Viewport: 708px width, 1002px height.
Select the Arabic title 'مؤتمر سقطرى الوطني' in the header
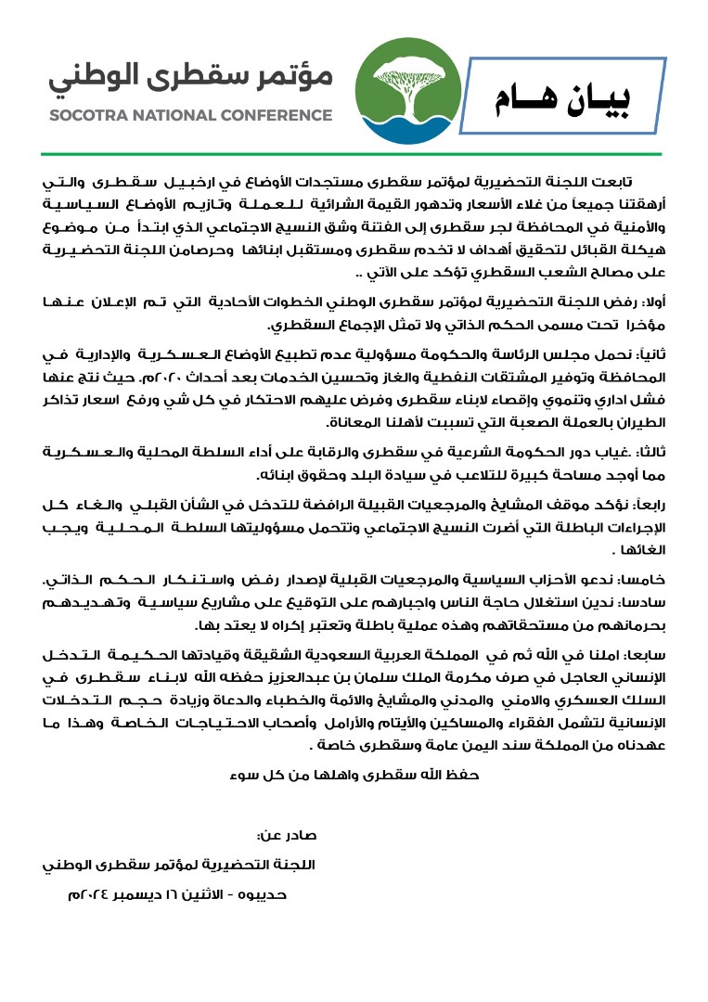[191, 79]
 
